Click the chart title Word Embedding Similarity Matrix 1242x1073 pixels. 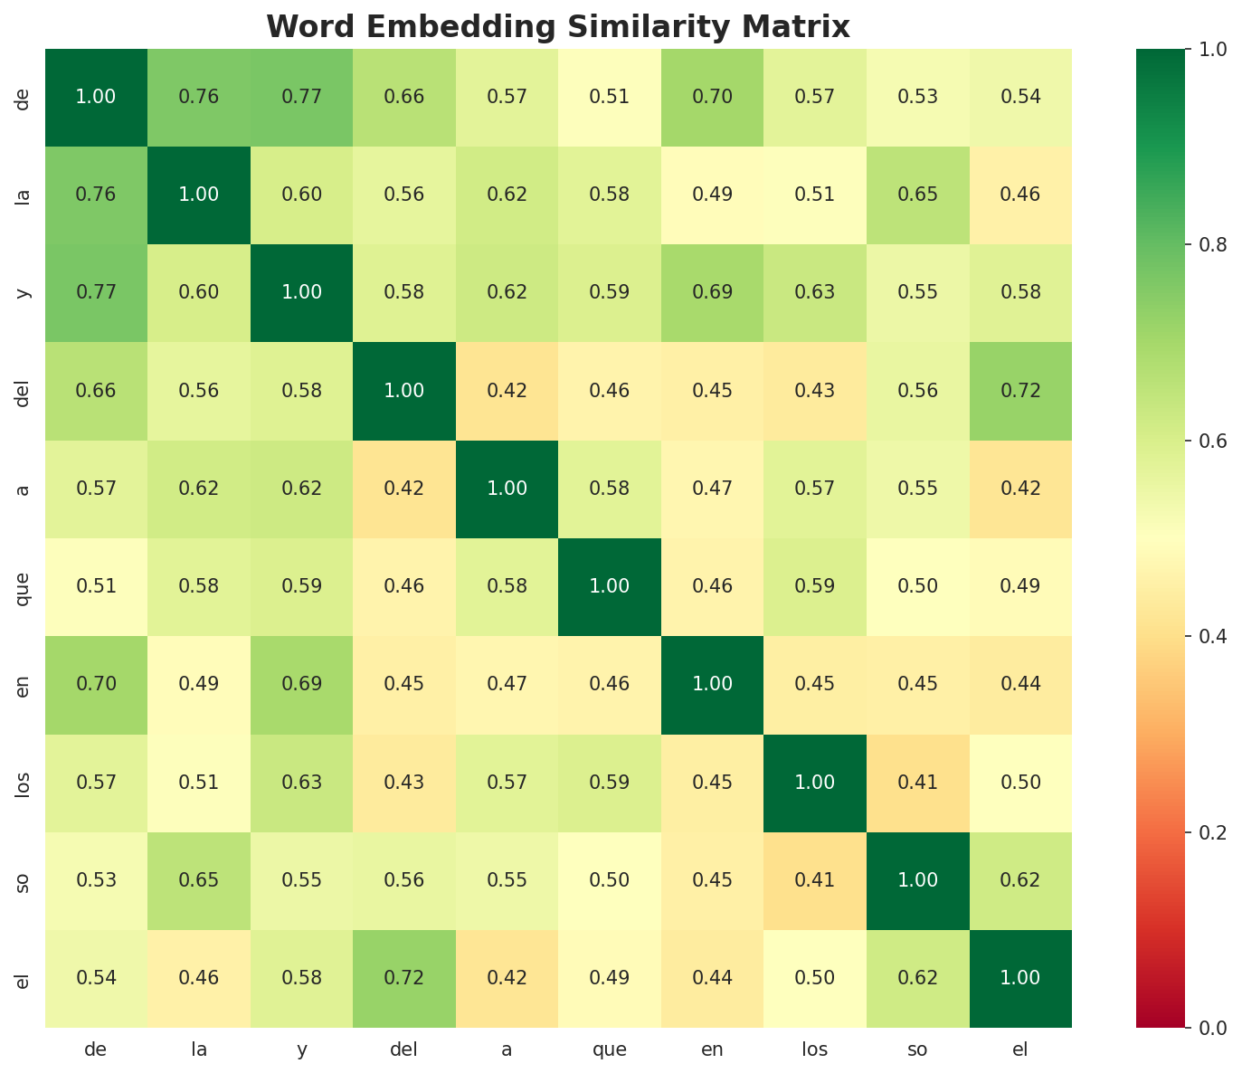coord(558,27)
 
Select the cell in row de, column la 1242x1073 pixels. coord(198,97)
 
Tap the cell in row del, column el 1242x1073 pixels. coord(1020,391)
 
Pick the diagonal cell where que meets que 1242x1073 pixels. coord(610,586)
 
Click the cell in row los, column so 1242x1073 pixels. coord(917,782)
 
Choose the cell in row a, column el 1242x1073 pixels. coord(1020,489)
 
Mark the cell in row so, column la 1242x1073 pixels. coord(198,879)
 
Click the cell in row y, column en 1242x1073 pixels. coord(712,292)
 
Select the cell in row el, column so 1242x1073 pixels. coord(917,977)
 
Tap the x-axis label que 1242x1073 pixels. coord(610,1050)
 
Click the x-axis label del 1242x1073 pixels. coord(403,1050)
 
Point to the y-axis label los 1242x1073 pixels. coord(24,782)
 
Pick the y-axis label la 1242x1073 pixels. coord(24,195)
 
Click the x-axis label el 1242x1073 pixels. coord(1020,1050)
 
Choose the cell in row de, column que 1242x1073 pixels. coord(610,97)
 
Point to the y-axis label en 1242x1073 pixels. coord(24,684)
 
